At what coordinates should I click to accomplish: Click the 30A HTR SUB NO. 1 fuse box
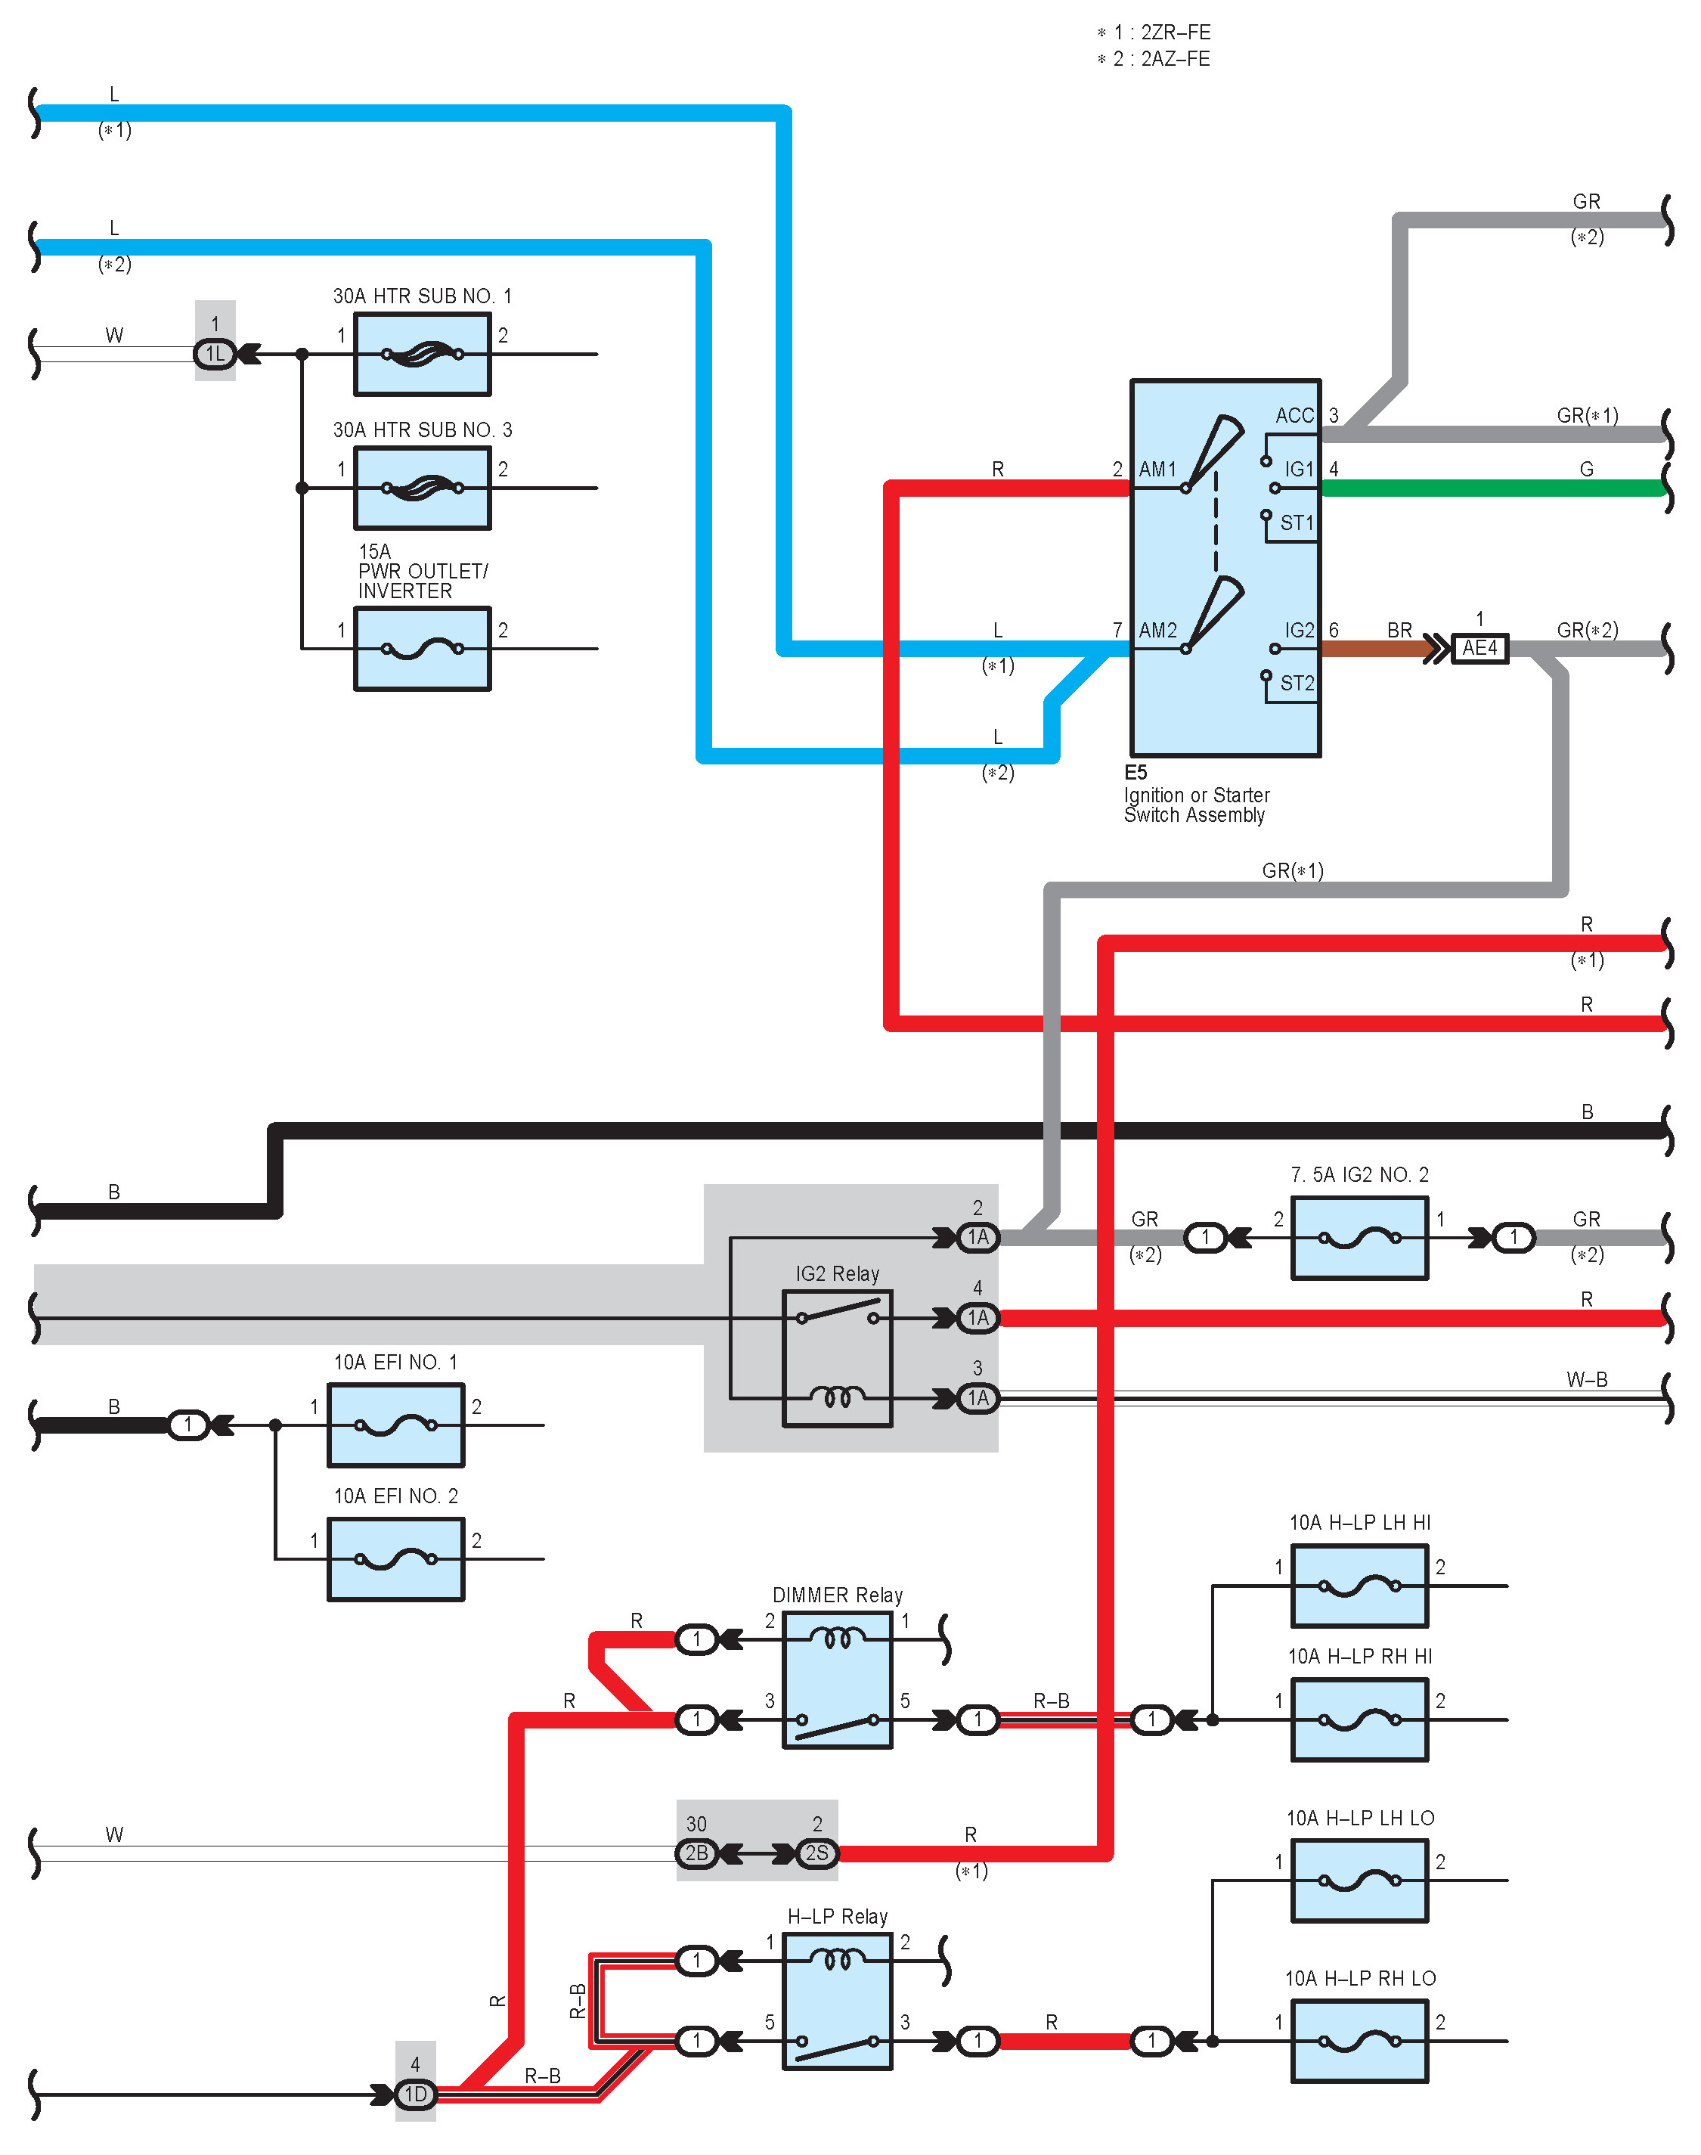[x=423, y=354]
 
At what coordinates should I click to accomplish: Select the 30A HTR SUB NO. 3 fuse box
[x=423, y=488]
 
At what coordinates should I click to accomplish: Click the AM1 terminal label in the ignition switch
[x=1157, y=469]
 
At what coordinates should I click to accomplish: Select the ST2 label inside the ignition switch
[x=1297, y=683]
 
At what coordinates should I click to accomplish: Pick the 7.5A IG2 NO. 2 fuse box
[x=1359, y=1238]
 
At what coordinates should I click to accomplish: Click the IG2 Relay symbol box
[x=838, y=1358]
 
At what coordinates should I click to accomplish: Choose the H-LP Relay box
[x=838, y=2002]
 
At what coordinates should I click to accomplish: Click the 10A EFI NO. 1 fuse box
[x=396, y=1425]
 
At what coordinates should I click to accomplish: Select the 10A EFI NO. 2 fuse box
[x=396, y=1559]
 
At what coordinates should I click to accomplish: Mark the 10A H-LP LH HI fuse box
[x=1359, y=1586]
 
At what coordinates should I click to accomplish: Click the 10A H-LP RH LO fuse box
[x=1359, y=2042]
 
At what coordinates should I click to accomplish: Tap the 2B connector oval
[x=696, y=1853]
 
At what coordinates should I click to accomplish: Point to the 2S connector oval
[x=816, y=1853]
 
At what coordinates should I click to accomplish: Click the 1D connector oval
[x=415, y=2095]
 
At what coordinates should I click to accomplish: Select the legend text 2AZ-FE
[x=1175, y=59]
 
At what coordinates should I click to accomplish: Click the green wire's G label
[x=1587, y=469]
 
